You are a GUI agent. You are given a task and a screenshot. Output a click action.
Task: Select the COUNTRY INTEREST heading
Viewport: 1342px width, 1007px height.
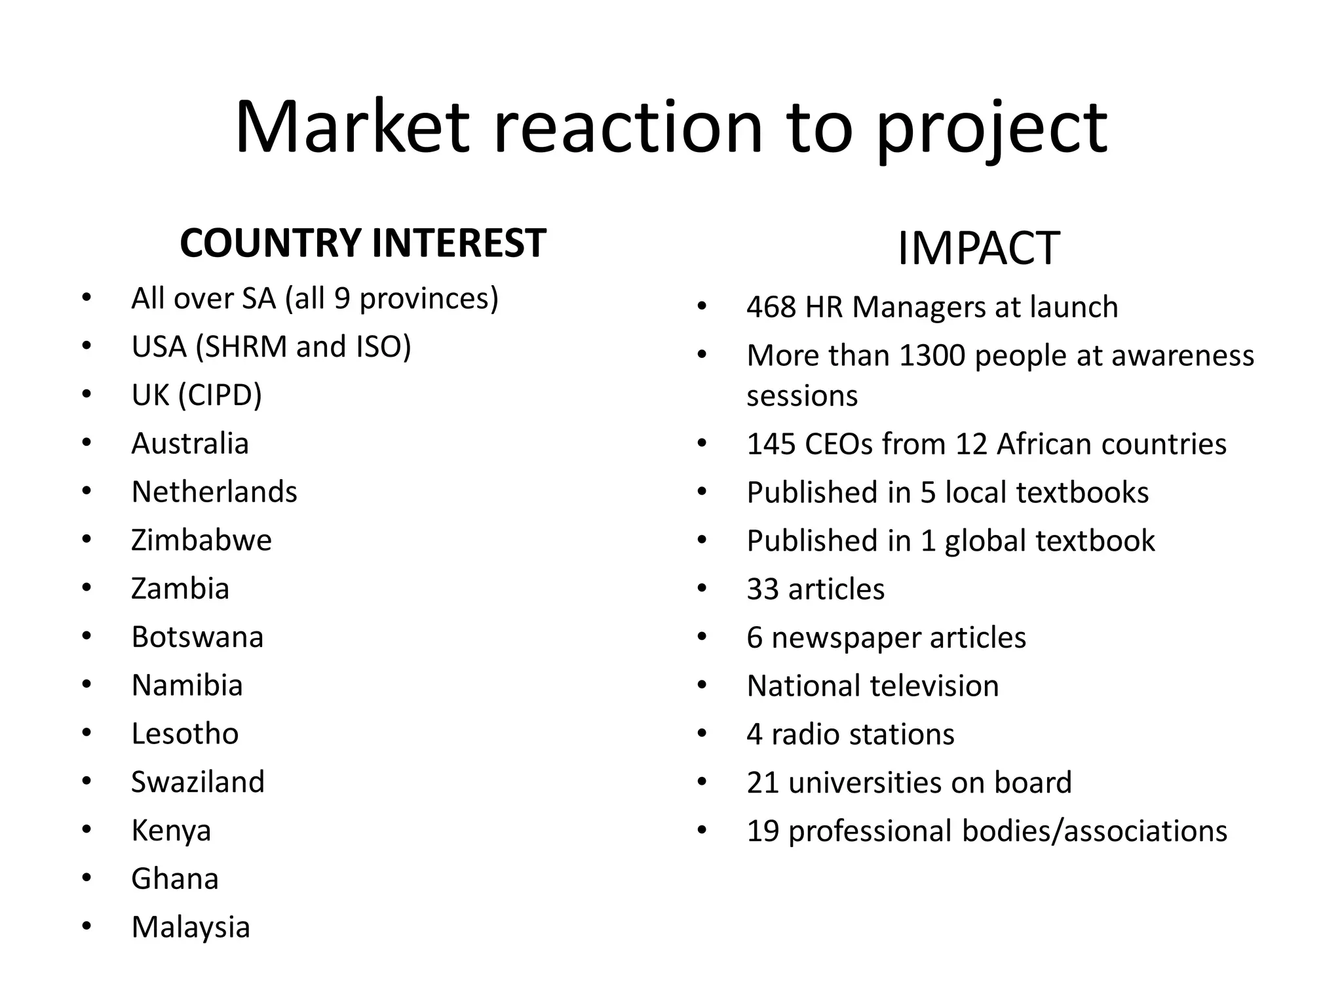pos(362,243)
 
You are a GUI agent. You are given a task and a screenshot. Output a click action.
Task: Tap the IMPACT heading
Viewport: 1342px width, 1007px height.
pos(978,248)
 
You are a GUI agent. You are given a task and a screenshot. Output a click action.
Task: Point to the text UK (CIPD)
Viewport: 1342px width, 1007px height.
pos(197,395)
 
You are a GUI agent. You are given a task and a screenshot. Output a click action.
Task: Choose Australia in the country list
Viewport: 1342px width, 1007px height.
pos(190,444)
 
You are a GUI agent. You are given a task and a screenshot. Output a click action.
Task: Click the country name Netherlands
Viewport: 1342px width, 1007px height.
pos(214,492)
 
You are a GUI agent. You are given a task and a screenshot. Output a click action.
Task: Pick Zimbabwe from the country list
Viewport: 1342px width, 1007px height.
pos(201,540)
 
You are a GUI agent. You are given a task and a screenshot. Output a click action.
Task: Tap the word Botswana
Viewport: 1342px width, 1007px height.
pos(197,637)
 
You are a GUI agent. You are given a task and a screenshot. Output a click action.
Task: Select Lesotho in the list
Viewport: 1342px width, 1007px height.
pos(185,734)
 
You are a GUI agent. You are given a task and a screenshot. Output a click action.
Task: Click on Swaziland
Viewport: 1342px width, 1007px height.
pos(198,782)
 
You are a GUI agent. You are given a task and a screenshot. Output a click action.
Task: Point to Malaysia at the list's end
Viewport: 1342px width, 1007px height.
pos(191,927)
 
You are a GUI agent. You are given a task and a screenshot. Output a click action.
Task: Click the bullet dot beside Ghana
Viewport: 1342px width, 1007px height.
pos(86,878)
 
